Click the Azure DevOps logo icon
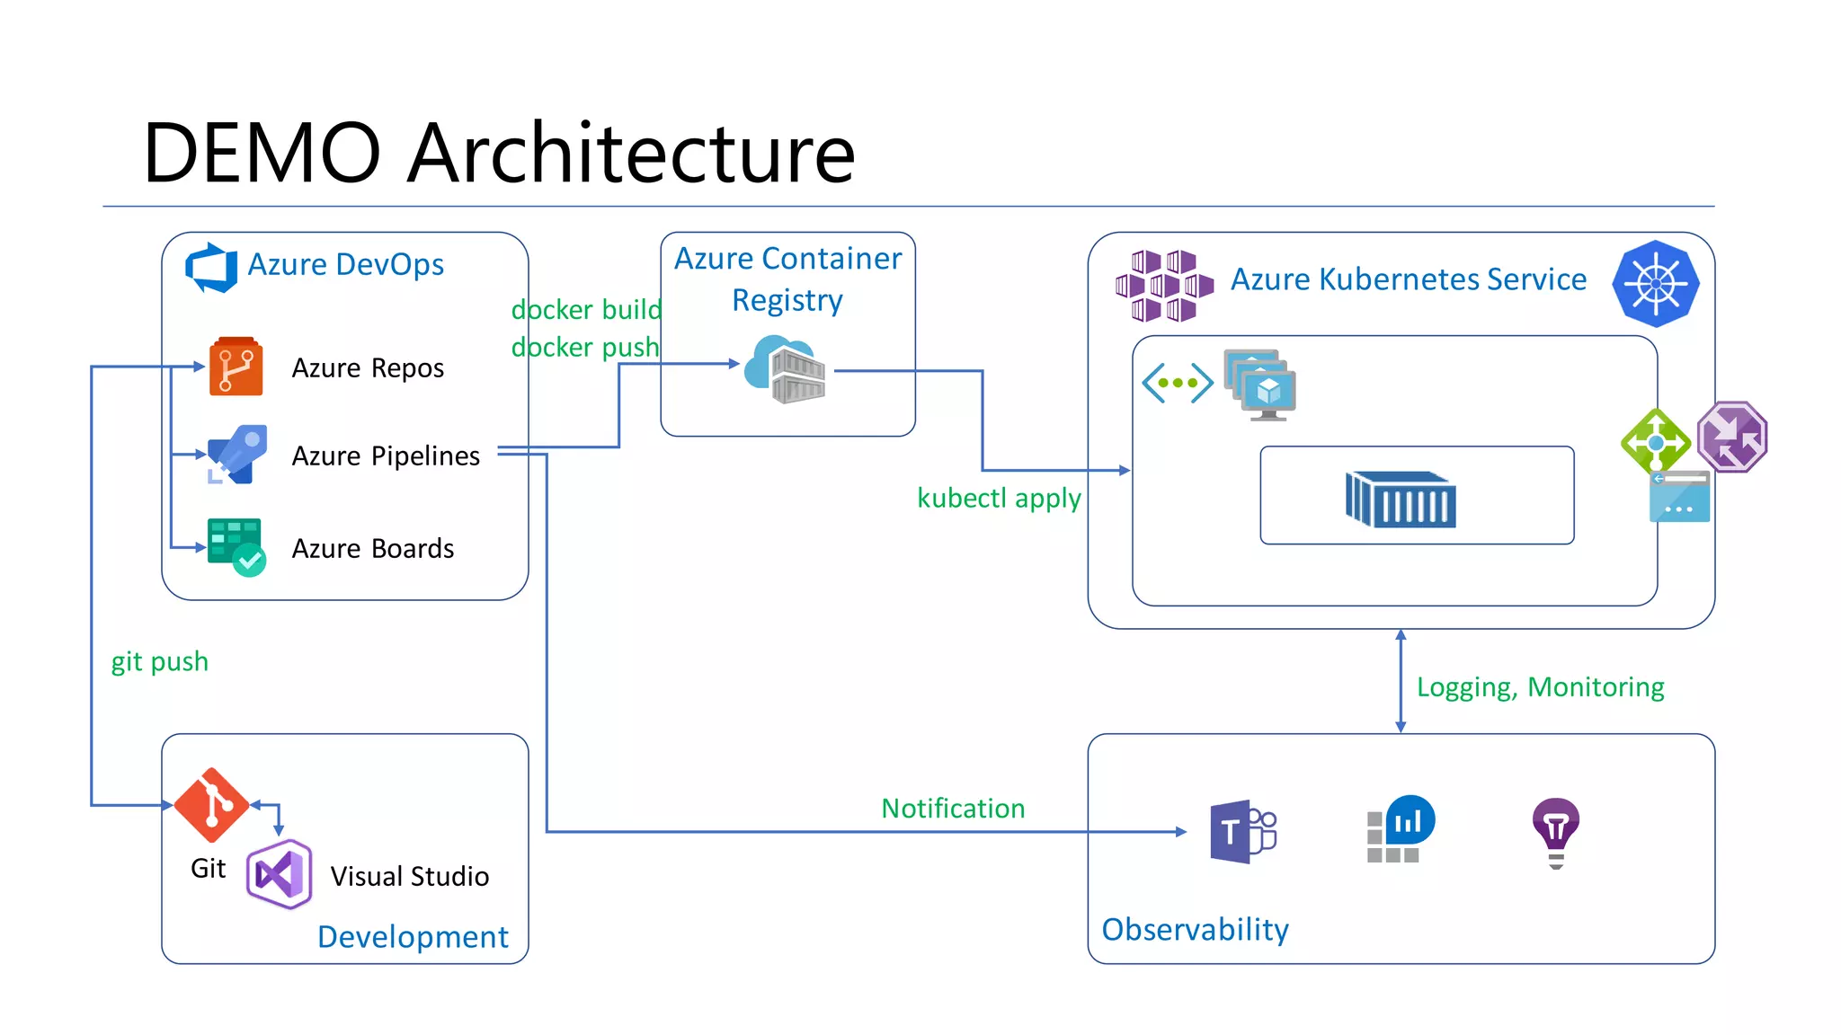211,267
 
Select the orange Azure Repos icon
236,367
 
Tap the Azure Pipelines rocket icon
237,455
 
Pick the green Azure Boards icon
236,546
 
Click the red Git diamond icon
211,805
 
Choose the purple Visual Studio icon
280,874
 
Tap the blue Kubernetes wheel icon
1655,283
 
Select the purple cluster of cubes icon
1163,286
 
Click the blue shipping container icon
1401,499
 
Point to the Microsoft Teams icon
1242,832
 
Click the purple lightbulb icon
1556,832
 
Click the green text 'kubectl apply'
999,498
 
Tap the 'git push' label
159,662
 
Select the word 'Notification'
953,808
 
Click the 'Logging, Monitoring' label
1540,687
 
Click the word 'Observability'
1195,929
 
